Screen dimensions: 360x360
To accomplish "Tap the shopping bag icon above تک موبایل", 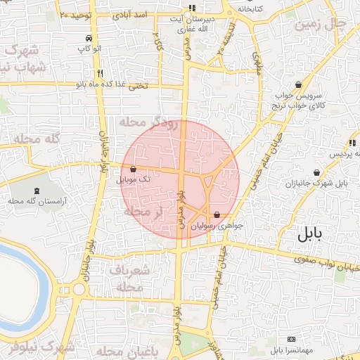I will tap(134, 169).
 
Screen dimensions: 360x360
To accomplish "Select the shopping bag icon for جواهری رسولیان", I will tap(216, 215).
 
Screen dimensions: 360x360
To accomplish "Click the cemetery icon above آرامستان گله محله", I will tap(37, 191).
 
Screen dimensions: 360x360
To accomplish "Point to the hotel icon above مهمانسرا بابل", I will tap(292, 339).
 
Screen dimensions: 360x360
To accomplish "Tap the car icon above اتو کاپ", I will tap(88, 38).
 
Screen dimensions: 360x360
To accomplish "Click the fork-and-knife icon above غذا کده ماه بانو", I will tap(101, 73).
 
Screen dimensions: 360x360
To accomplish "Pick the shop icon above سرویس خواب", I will tap(299, 84).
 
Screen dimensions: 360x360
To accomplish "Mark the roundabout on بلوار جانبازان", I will tap(79, 288).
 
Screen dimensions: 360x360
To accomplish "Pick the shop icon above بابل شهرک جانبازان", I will tap(317, 172).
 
